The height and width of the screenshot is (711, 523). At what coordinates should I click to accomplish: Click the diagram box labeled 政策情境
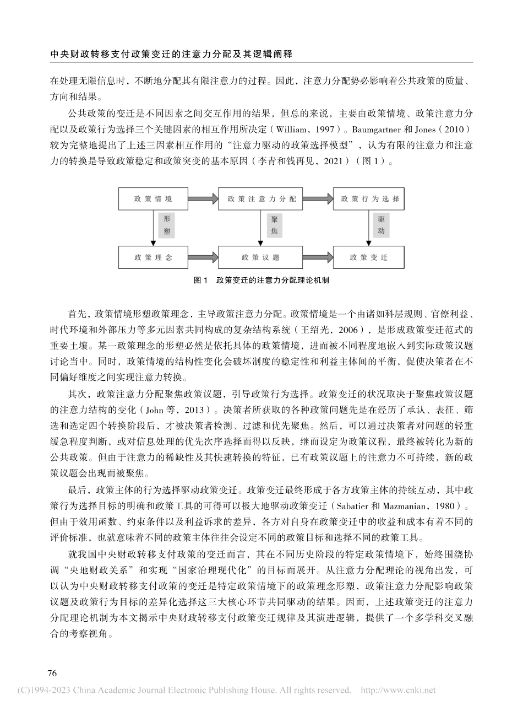pyautogui.click(x=153, y=198)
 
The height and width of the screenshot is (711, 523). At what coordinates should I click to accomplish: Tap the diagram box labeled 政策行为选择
pyautogui.click(x=369, y=198)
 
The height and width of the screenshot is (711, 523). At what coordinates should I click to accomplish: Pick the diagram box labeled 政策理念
pyautogui.click(x=153, y=257)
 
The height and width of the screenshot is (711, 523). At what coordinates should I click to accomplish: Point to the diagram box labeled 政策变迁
pyautogui.click(x=369, y=257)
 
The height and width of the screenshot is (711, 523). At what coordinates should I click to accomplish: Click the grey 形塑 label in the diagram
pyautogui.click(x=167, y=224)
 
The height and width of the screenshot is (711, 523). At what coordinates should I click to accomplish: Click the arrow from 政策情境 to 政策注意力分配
pyautogui.click(x=204, y=198)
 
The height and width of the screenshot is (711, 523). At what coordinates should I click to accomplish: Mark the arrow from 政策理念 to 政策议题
pyautogui.click(x=204, y=257)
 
